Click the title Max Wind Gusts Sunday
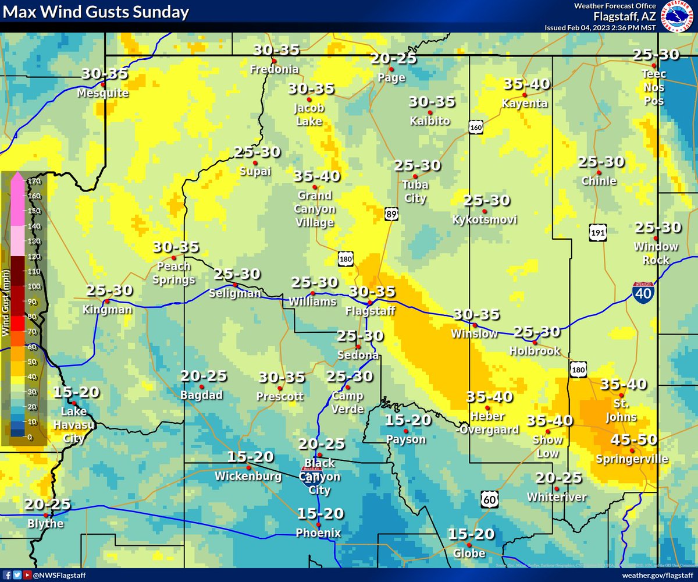coord(97,12)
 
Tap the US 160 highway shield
coord(476,127)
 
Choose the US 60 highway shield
coord(490,498)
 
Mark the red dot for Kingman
coord(108,301)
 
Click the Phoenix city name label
coord(318,533)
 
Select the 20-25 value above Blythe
coord(47,504)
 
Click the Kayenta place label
coord(525,104)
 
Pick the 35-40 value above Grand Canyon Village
coord(317,176)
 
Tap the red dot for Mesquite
coord(103,84)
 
